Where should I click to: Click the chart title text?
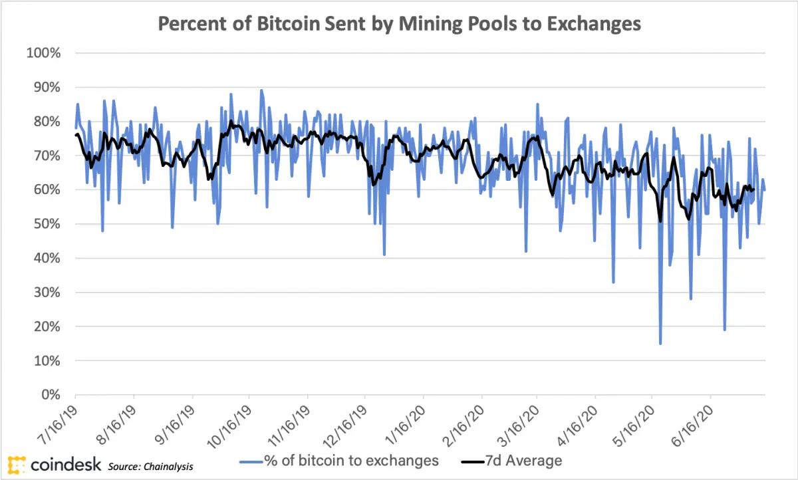pyautogui.click(x=399, y=24)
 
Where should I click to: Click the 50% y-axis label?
pyautogui.click(x=47, y=224)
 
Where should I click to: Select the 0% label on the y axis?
pyautogui.click(x=51, y=395)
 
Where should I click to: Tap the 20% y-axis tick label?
pyautogui.click(x=47, y=326)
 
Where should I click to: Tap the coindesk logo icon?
pyautogui.click(x=17, y=464)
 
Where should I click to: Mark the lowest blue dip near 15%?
pyautogui.click(x=660, y=343)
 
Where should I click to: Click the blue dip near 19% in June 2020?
pyautogui.click(x=724, y=330)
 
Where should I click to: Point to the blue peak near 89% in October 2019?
pyautogui.click(x=261, y=90)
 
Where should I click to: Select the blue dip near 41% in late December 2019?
pyautogui.click(x=384, y=254)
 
